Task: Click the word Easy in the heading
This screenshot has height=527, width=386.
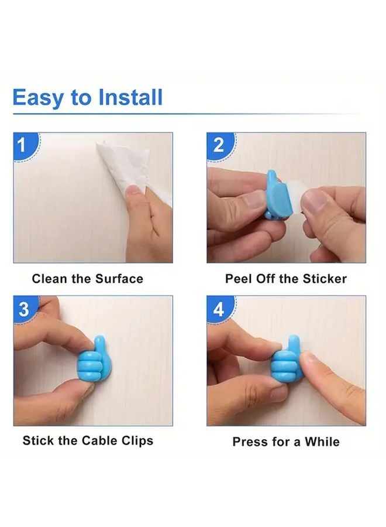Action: tap(37, 97)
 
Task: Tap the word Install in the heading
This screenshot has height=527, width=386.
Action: tap(130, 97)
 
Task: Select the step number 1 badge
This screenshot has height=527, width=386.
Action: tap(22, 145)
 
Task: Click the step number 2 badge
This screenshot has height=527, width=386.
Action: tap(218, 145)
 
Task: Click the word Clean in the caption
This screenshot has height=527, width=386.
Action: tap(50, 279)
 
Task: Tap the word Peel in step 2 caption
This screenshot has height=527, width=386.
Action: tap(239, 279)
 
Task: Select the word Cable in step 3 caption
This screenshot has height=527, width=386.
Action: tap(101, 440)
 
